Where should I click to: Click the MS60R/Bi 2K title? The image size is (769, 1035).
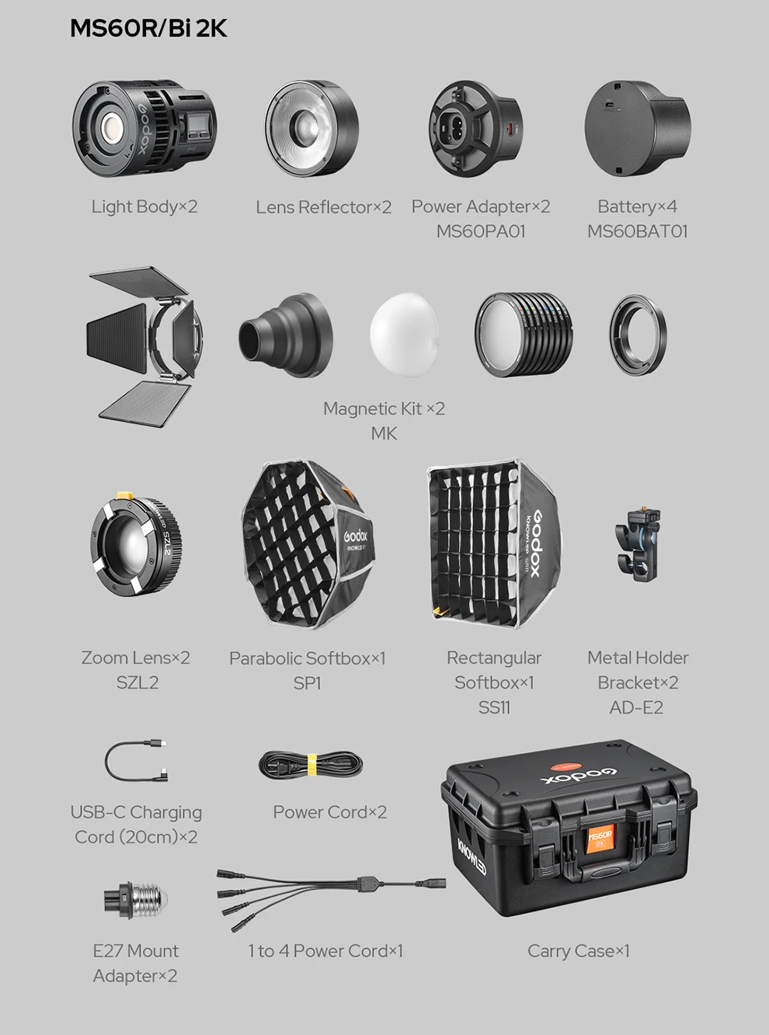click(x=148, y=29)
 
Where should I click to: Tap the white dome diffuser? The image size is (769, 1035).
click(x=405, y=333)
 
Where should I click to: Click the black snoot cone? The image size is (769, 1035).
click(x=285, y=335)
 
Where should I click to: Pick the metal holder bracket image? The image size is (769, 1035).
click(x=639, y=545)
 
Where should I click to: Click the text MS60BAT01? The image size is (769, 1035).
click(x=637, y=231)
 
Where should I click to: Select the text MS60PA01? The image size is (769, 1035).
click(x=481, y=231)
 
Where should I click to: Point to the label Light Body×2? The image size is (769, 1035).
click(x=144, y=207)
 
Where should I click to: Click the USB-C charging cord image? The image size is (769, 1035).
click(x=136, y=760)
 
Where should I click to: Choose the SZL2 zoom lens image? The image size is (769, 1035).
click(x=136, y=543)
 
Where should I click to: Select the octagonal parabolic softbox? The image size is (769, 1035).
click(x=308, y=544)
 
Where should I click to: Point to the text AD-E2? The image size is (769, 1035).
click(x=636, y=708)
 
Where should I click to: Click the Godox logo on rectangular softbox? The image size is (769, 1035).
click(x=541, y=544)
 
